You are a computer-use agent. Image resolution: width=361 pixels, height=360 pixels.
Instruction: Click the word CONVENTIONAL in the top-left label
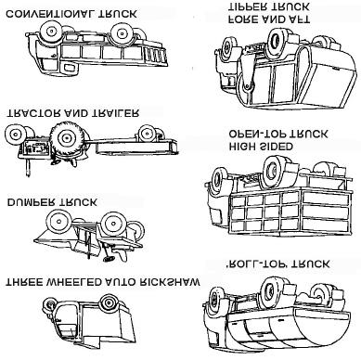tap(50, 14)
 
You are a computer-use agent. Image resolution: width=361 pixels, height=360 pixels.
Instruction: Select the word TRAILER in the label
tap(115, 113)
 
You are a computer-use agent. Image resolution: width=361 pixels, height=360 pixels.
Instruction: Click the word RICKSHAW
tap(169, 282)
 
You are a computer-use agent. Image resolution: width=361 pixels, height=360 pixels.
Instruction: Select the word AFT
tap(296, 19)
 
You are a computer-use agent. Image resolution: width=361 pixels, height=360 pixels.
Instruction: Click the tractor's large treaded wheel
tap(66, 136)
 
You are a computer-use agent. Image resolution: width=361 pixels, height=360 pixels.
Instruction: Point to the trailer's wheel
tap(147, 134)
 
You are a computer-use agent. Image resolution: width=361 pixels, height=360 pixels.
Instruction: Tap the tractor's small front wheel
tap(14, 135)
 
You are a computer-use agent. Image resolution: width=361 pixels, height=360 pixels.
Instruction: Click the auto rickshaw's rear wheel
tap(108, 302)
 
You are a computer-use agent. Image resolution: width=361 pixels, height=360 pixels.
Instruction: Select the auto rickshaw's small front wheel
tap(48, 304)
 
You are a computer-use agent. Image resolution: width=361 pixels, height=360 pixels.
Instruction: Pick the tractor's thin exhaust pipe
tap(29, 167)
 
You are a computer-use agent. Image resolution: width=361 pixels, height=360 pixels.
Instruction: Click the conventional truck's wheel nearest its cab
tap(49, 32)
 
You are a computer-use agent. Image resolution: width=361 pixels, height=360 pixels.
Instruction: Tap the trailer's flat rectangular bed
tap(136, 147)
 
